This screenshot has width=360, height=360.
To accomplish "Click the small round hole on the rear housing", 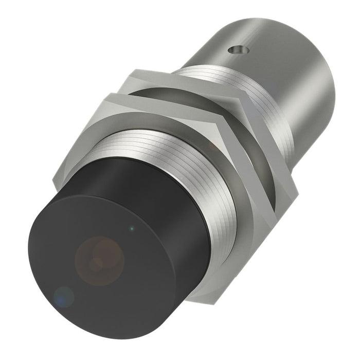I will coord(237,50).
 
